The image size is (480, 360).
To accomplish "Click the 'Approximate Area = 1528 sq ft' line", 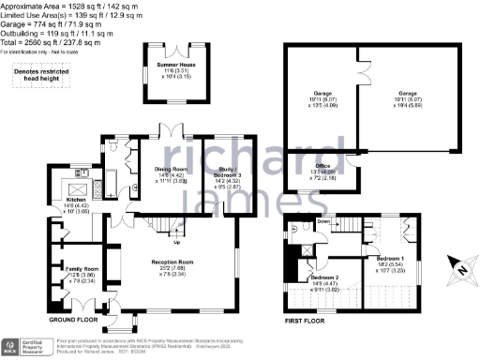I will [66, 6].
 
